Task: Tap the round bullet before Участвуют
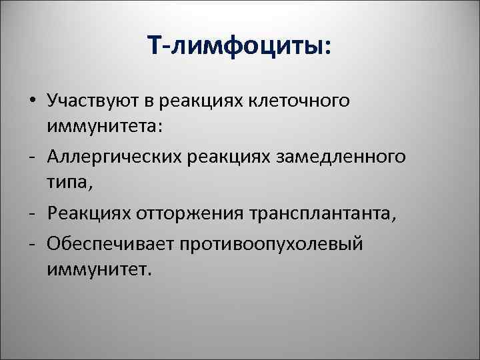coord(33,101)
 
